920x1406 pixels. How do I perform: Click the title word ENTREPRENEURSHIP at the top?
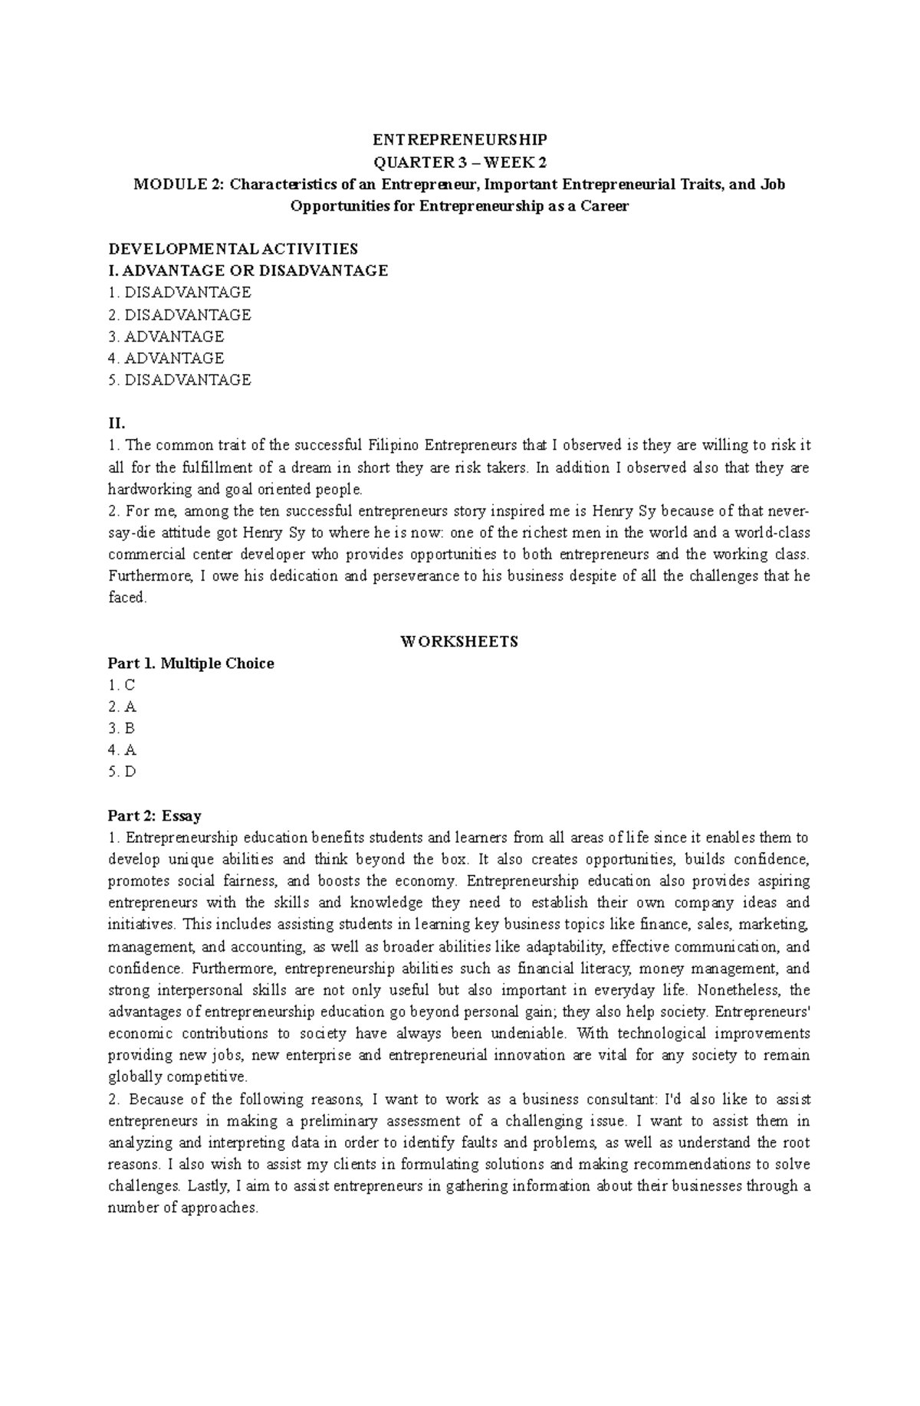pos(460,140)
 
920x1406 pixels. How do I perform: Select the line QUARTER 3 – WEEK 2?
pos(460,162)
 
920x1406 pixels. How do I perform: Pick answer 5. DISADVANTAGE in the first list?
pos(179,380)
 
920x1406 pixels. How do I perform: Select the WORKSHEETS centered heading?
pos(459,641)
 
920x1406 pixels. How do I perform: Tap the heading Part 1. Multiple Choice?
pos(191,664)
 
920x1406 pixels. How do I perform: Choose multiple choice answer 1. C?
pos(122,685)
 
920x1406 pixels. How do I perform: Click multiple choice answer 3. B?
pos(122,729)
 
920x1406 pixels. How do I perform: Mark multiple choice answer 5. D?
pos(122,772)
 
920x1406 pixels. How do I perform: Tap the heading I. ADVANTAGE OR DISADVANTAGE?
pos(248,270)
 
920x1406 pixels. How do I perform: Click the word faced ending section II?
pos(127,598)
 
